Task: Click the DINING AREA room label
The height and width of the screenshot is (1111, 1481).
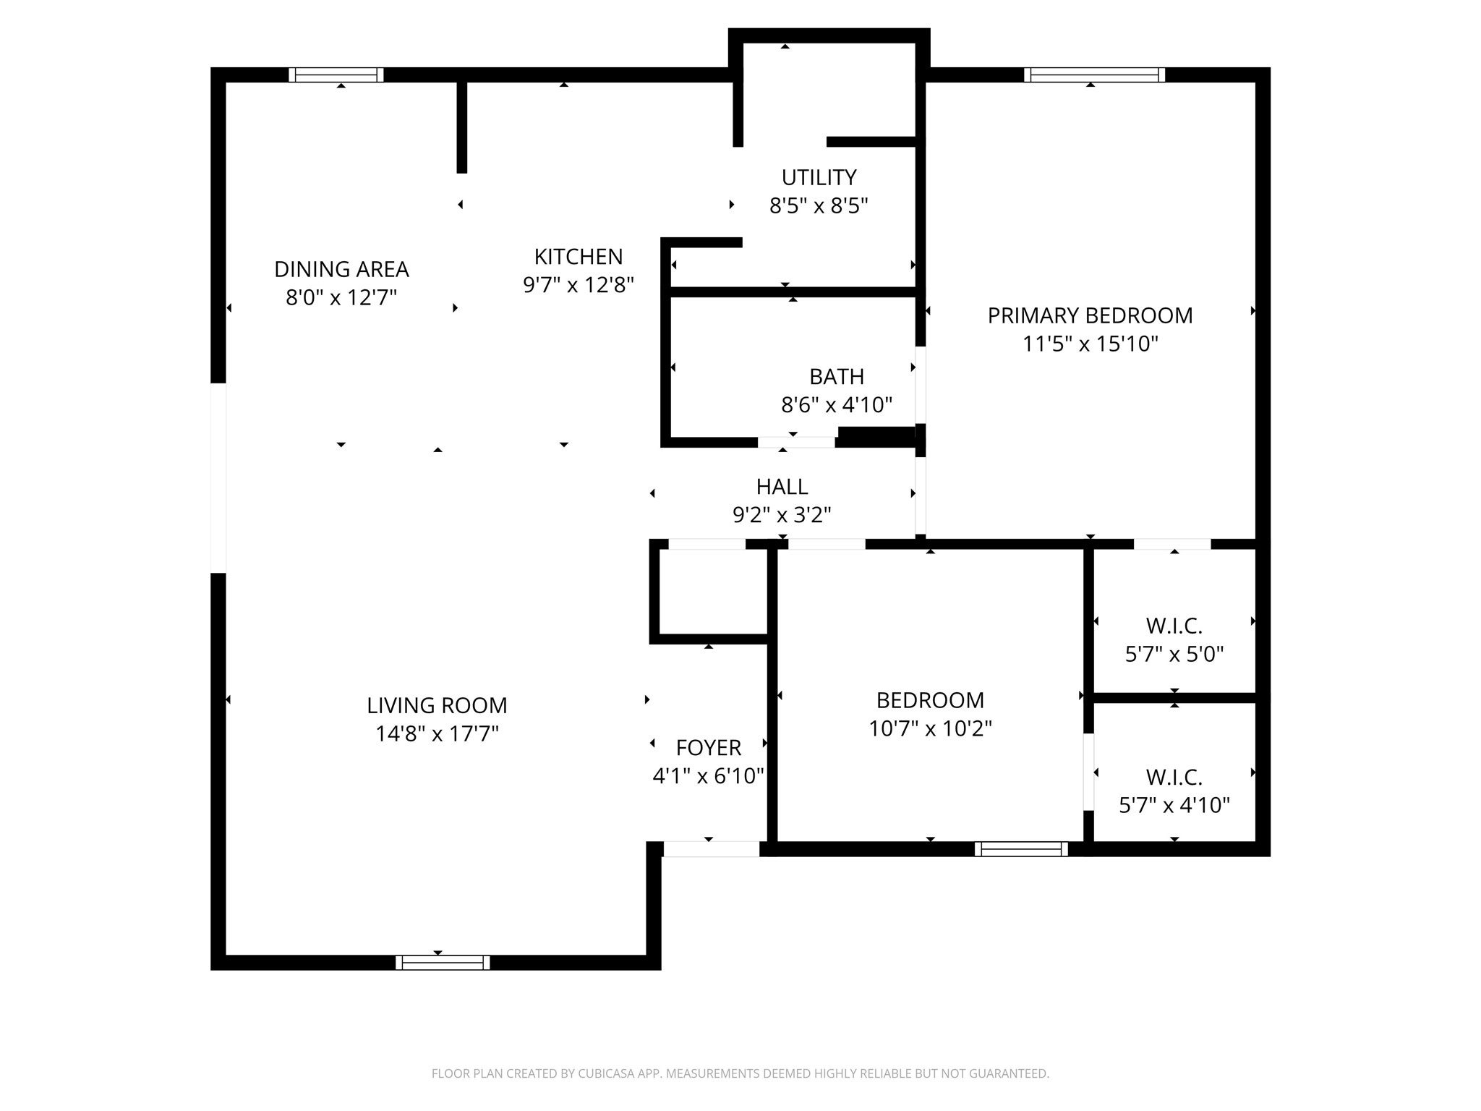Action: point(341,269)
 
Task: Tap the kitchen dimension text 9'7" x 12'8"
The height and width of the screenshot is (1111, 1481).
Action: point(578,285)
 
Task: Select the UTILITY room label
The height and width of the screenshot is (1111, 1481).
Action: point(819,177)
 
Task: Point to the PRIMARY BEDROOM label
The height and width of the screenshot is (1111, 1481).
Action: point(1090,315)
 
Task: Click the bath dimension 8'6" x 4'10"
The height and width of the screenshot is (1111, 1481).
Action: point(837,405)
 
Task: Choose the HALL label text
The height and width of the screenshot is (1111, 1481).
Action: point(782,486)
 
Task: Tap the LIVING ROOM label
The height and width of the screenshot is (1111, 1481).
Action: point(437,705)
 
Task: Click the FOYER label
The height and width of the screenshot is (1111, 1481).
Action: point(708,747)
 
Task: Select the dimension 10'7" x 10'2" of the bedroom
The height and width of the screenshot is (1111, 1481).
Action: point(930,728)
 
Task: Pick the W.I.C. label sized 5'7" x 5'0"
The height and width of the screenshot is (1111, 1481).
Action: point(1174,626)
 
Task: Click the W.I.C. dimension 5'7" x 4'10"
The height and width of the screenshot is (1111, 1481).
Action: point(1174,806)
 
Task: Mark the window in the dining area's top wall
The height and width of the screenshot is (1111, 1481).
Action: point(336,75)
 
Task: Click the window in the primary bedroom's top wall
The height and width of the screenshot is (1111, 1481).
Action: point(1094,75)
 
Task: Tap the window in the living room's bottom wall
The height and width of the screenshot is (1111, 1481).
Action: point(443,962)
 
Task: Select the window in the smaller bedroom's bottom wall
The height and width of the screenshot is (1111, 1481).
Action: point(1021,849)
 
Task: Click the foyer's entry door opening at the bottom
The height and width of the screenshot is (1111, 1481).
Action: point(712,849)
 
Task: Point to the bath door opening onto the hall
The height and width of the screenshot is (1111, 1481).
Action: point(796,442)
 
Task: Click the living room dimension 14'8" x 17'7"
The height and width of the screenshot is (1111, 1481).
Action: point(437,734)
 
